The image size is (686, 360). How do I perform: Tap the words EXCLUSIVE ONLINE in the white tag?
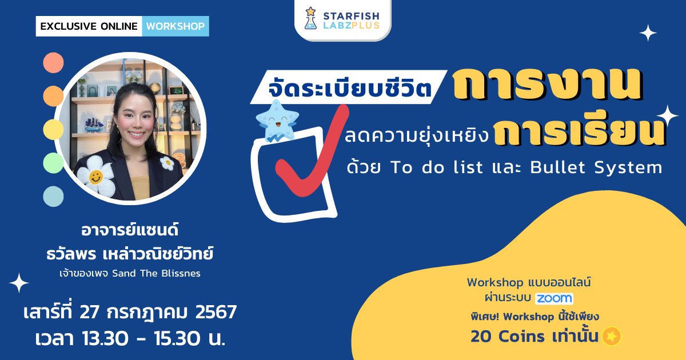[89, 26]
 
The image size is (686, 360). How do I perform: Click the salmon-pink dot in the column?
[53, 62]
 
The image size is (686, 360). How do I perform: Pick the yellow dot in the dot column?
[53, 130]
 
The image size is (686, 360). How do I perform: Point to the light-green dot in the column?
[53, 163]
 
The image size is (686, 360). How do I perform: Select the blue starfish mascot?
[277, 120]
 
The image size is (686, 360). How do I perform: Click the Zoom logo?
[554, 298]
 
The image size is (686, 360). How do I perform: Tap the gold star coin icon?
[611, 337]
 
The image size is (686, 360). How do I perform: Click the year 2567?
[216, 313]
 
